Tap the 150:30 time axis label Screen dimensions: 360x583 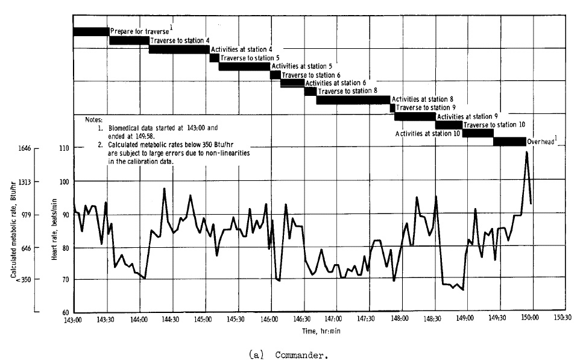(563, 320)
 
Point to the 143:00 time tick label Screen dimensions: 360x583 (73, 320)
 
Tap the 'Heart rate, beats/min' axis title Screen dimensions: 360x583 (55, 230)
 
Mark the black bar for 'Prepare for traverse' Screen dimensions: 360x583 (91, 31)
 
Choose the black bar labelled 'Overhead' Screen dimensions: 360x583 (509, 141)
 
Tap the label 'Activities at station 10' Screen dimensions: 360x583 (429, 133)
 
